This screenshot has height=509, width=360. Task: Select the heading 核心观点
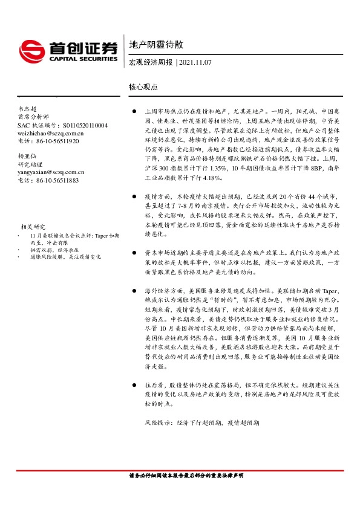point(143,86)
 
